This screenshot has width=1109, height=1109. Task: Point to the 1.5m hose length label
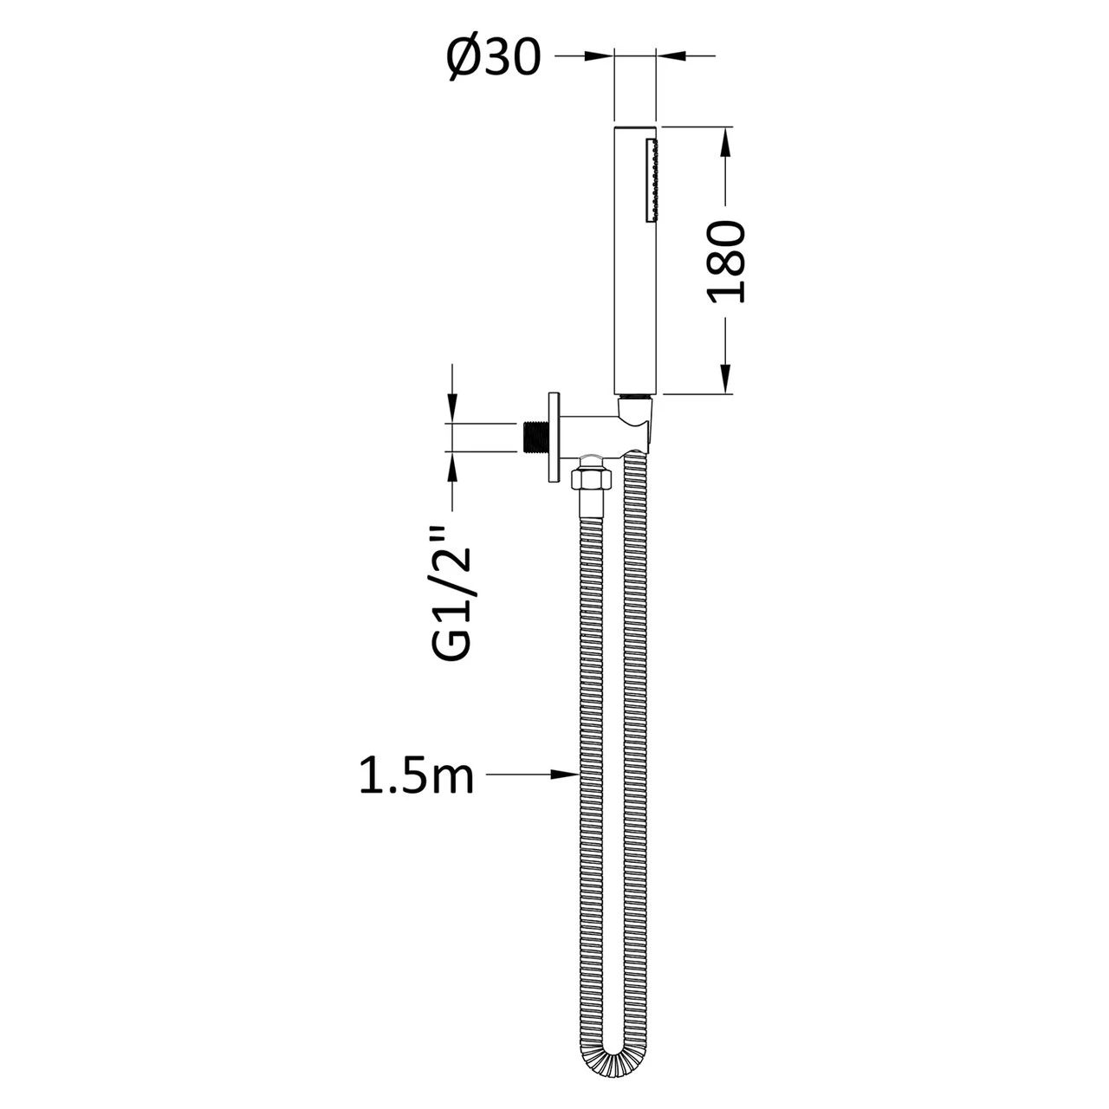pyautogui.click(x=417, y=776)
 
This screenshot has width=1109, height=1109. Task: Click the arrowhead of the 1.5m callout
pyautogui.click(x=567, y=773)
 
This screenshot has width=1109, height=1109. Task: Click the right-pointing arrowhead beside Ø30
pyautogui.click(x=599, y=56)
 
